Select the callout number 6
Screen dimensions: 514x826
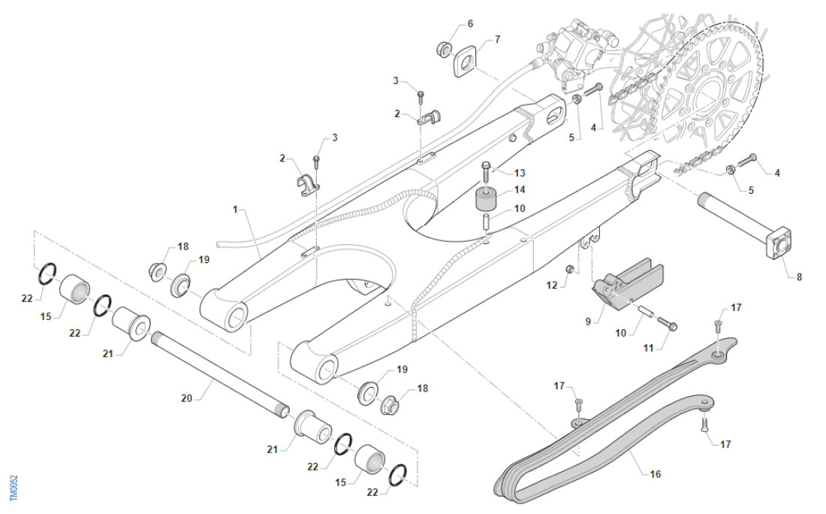coord(470,24)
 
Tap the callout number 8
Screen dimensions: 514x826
coord(799,277)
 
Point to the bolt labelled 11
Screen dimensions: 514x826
coord(667,324)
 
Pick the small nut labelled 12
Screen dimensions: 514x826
coord(570,269)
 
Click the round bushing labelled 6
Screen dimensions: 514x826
coord(444,49)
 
